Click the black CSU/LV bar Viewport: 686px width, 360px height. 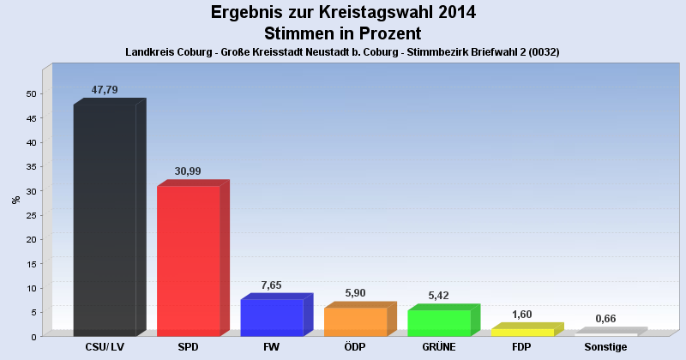pos(105,220)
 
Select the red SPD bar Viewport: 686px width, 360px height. pos(189,261)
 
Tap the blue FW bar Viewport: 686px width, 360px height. pos(272,317)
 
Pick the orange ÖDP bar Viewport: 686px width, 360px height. pos(355,321)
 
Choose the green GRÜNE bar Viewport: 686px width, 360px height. pos(439,322)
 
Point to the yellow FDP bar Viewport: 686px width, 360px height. pos(522,332)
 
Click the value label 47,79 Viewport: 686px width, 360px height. pos(105,90)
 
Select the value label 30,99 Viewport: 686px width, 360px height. pos(188,171)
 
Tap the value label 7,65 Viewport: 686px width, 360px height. pos(271,285)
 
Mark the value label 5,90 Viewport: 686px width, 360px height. pos(355,293)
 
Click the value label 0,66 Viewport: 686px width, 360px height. pos(605,319)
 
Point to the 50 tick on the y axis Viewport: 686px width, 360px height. pos(32,93)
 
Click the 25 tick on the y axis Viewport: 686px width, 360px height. pos(32,215)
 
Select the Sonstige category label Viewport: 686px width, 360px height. pos(605,347)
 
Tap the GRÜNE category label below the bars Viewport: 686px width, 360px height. pos(439,347)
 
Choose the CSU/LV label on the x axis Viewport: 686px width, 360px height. pos(105,347)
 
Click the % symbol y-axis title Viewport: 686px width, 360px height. pos(15,200)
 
